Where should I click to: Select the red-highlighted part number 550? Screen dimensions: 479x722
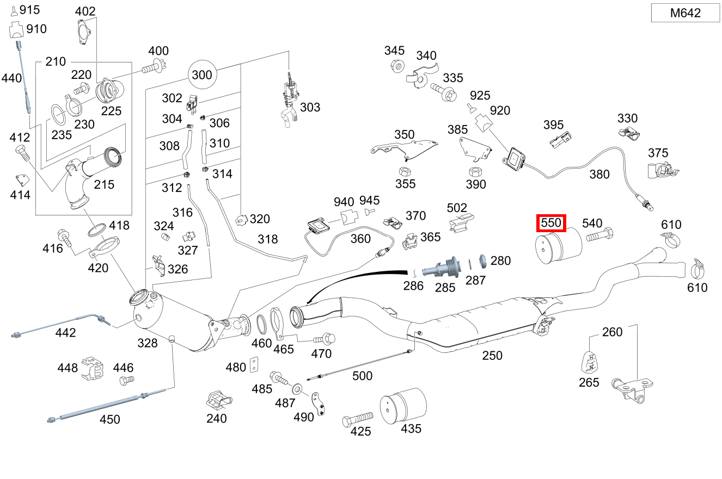point(551,223)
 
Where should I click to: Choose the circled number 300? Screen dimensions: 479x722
point(202,74)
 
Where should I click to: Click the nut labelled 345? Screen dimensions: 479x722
point(397,66)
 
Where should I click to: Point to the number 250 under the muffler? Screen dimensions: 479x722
point(492,356)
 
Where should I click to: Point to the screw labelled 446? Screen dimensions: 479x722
point(126,381)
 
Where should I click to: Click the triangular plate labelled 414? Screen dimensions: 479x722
point(21,179)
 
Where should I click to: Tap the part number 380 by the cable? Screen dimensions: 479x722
point(600,174)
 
